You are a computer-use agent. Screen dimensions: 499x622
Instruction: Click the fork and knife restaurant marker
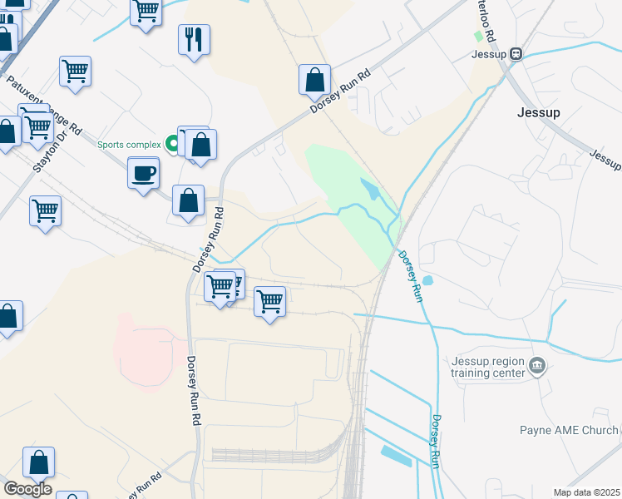(x=194, y=38)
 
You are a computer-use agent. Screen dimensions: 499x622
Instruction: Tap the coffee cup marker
(x=143, y=174)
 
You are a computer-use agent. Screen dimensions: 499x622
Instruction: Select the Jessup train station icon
(x=516, y=54)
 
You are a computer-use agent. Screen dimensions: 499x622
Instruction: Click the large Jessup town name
(x=538, y=112)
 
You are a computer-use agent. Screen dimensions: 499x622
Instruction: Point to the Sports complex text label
(x=129, y=145)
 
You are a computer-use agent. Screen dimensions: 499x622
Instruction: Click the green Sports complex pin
(x=173, y=144)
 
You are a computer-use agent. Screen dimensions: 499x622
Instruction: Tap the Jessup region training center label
(x=488, y=367)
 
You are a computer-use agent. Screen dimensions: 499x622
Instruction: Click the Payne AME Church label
(x=569, y=430)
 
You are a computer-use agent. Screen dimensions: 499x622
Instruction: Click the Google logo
(x=27, y=488)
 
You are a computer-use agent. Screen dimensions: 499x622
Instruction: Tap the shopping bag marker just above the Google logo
(x=38, y=462)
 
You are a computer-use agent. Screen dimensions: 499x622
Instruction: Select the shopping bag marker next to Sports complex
(x=201, y=145)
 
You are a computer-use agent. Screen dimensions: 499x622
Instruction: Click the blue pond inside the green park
(x=370, y=193)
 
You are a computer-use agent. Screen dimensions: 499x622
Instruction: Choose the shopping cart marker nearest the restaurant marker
(x=146, y=12)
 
